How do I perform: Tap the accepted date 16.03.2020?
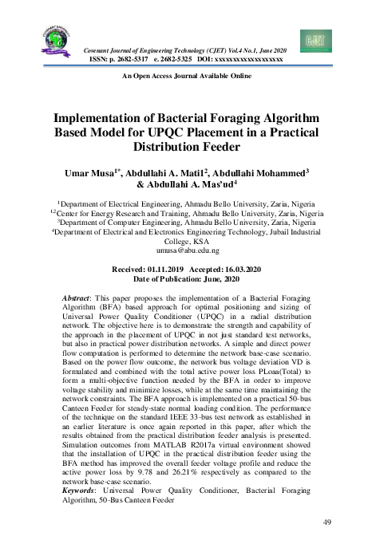233,270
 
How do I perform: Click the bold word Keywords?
82,491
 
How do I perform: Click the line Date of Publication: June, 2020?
184,279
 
